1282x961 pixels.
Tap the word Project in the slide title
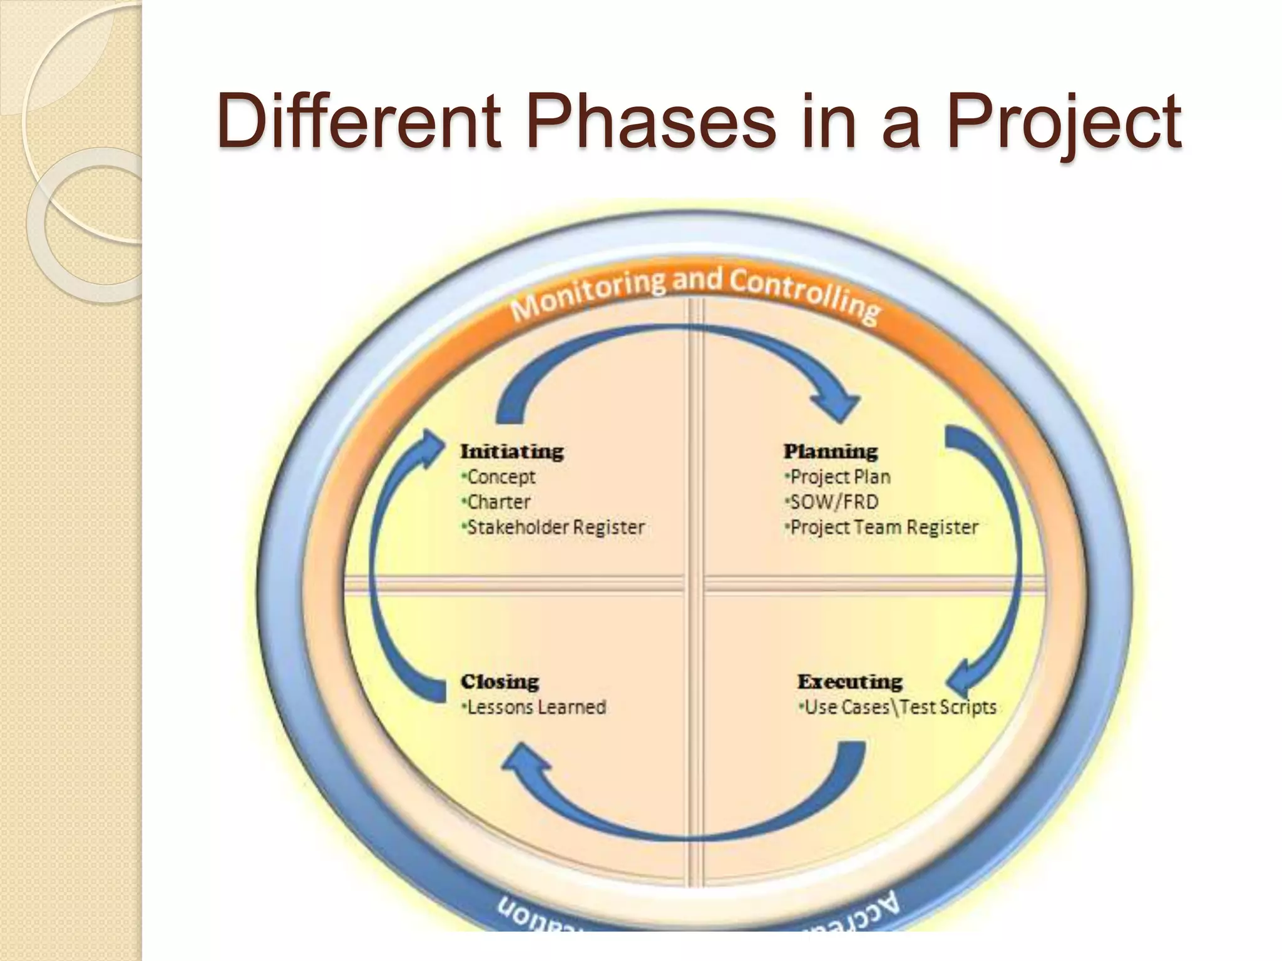coord(1064,122)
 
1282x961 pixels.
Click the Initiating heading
coord(512,451)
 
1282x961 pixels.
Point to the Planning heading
coord(831,451)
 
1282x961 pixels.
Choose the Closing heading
coord(500,681)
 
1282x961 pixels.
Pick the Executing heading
coord(849,681)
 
